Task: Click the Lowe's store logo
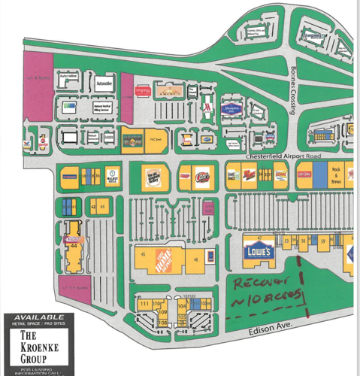click(259, 251)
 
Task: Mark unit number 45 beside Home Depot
click(143, 254)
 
